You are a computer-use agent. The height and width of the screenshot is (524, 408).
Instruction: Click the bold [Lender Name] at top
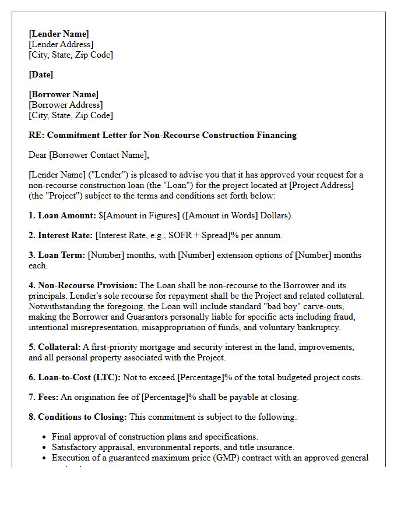coord(59,34)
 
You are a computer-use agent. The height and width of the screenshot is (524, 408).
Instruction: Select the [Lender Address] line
coord(61,44)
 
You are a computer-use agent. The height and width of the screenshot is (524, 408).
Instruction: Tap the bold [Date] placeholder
coord(41,75)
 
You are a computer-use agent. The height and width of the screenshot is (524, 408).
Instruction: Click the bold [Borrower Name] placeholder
coord(64,94)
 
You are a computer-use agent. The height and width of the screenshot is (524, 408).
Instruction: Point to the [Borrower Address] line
coord(65,105)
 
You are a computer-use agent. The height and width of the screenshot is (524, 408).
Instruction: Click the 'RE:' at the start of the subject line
coord(36,135)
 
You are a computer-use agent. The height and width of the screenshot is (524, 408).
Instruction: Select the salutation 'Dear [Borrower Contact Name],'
coord(89,155)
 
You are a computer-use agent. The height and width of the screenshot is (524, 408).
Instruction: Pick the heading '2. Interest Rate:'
coord(61,235)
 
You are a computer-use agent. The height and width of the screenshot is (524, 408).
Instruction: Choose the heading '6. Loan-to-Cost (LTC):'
coord(75,377)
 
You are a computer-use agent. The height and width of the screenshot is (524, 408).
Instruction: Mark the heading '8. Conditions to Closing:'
coord(78,417)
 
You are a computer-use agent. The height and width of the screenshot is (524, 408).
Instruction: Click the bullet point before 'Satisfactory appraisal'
coord(45,447)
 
